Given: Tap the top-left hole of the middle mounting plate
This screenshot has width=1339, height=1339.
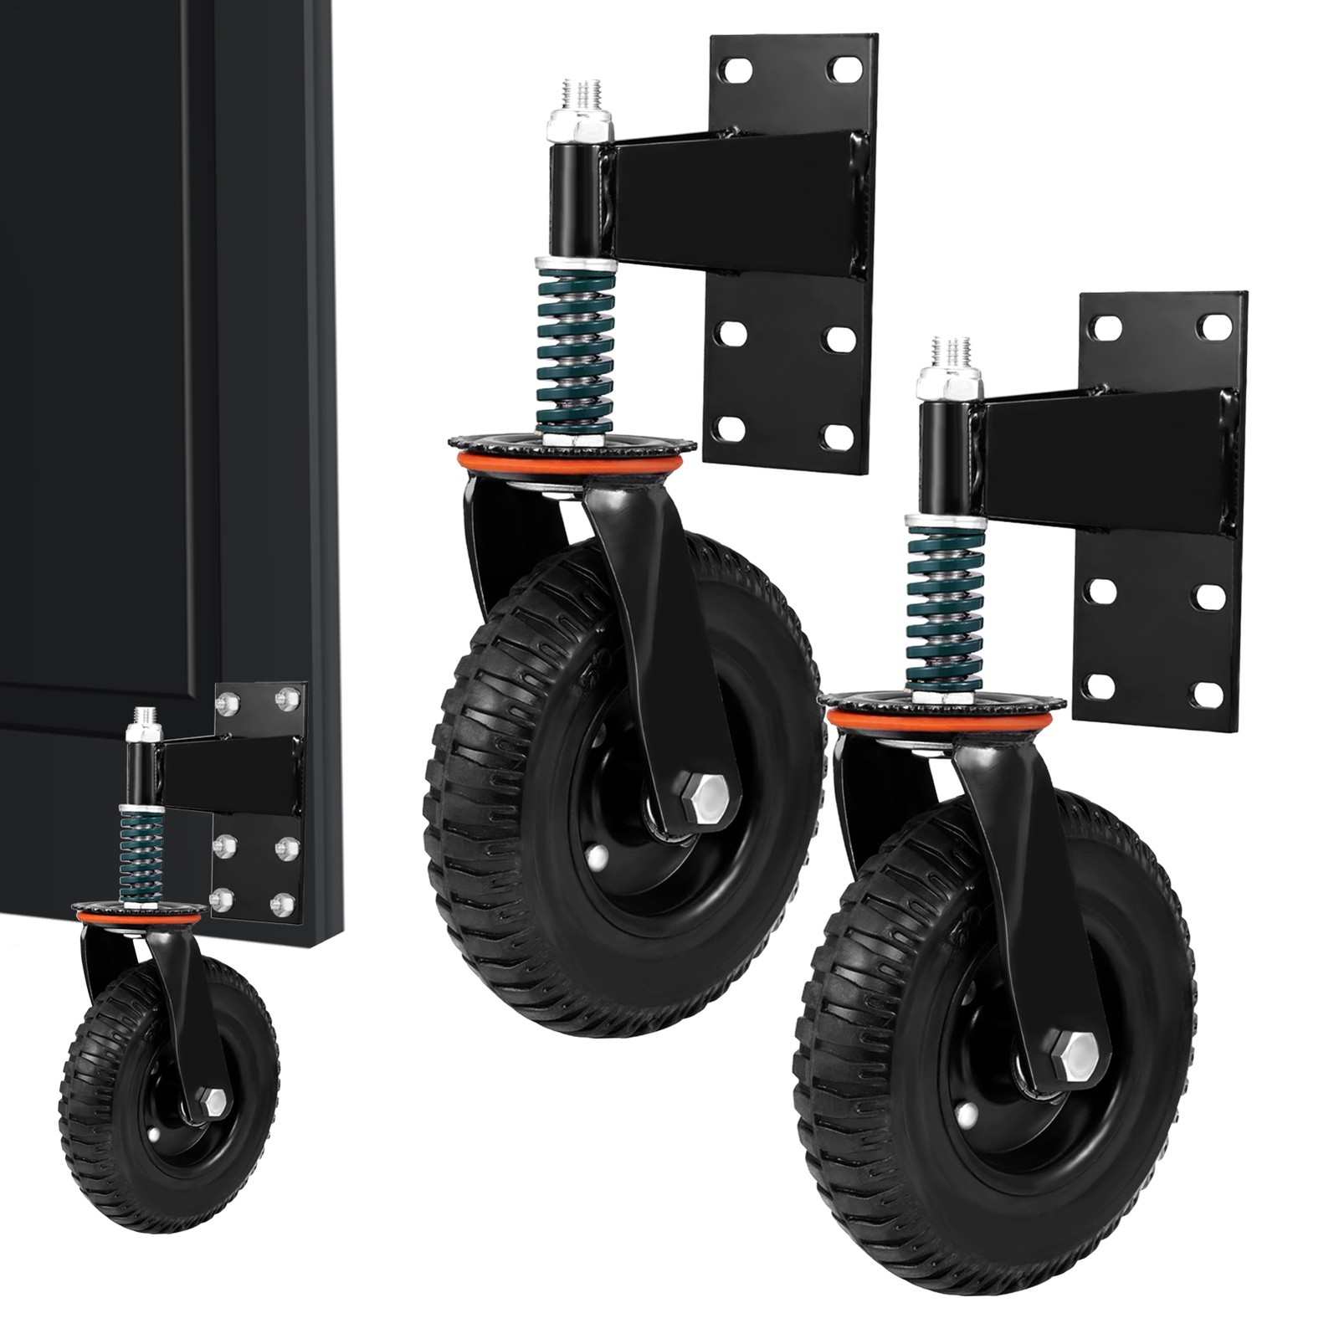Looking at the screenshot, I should (x=736, y=70).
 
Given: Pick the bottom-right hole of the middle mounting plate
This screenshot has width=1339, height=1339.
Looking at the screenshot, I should (x=837, y=436).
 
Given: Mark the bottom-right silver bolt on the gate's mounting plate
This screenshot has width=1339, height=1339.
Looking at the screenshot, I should (x=285, y=903).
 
